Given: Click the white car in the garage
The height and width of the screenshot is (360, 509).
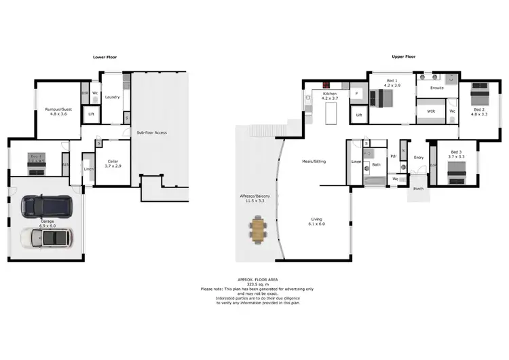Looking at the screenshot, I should coord(48,238).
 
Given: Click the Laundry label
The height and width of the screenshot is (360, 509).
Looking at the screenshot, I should coord(113,97).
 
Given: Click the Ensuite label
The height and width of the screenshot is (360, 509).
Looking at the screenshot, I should coord(436,88).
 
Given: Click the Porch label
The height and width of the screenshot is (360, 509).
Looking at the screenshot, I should coord(418,190).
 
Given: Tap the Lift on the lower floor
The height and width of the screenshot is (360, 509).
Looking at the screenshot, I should coord(92,114).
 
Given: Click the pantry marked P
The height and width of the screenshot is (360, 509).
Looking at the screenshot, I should coord(356,93).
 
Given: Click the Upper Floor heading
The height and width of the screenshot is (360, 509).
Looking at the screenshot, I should coord(403,57).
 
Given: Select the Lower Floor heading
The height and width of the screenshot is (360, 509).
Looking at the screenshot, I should coord(105,57).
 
